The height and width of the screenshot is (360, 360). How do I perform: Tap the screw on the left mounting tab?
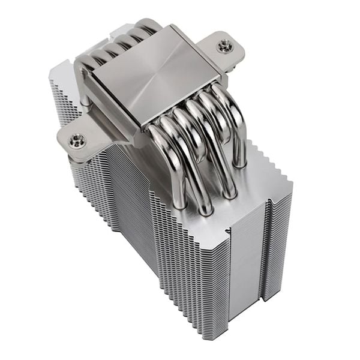pos(76,141)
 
